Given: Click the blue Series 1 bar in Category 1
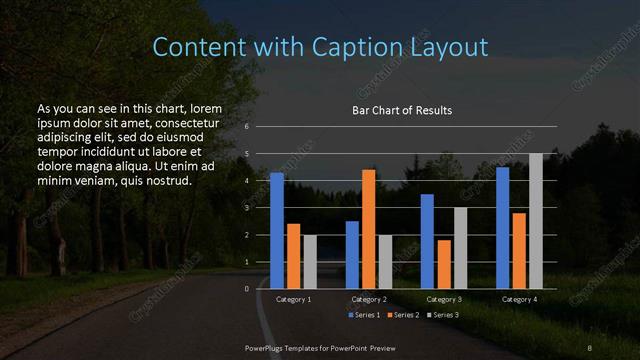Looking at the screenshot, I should (277, 230).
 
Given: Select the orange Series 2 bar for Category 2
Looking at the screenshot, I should (369, 229).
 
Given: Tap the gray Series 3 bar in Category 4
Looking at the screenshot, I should (536, 221).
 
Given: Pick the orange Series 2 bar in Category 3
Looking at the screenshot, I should (444, 264).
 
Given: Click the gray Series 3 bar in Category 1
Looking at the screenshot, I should (310, 261).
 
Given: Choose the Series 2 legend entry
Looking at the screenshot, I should (404, 315).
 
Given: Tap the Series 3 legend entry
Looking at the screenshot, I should (443, 315).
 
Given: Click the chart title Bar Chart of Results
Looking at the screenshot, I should (402, 110).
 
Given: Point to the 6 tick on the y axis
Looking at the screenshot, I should (246, 127).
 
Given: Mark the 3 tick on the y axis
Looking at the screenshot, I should (246, 208).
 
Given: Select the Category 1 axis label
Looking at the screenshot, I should (294, 299).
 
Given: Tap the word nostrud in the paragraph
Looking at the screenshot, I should (162, 181).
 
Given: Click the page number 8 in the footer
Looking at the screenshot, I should (590, 347).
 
